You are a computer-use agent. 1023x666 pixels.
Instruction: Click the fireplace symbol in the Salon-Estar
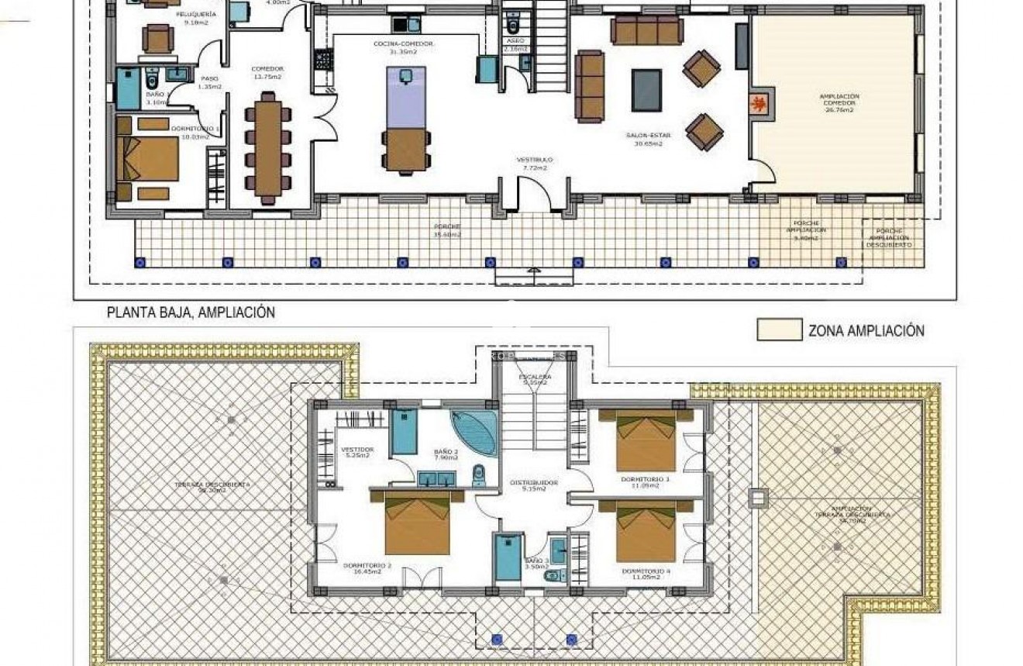[x=761, y=103]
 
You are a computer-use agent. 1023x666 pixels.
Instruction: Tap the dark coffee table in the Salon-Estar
[x=646, y=90]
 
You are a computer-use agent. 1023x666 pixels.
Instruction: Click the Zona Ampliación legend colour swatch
[x=779, y=330]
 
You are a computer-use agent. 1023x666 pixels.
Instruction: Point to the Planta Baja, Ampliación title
[x=191, y=312]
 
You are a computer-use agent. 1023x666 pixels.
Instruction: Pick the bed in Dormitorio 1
[x=149, y=159]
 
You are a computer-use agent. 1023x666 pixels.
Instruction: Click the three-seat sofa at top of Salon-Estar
[x=646, y=30]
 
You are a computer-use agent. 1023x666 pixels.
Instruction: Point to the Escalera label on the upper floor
[x=535, y=379]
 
